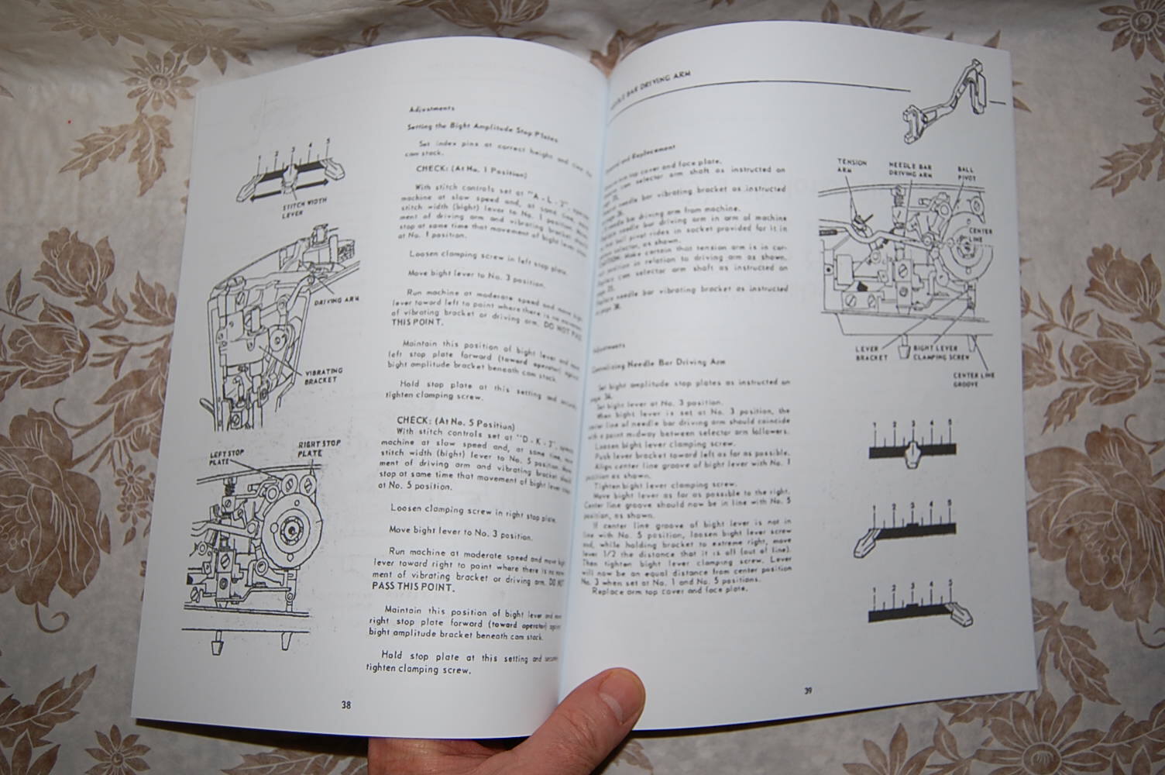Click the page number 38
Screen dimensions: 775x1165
tap(345, 704)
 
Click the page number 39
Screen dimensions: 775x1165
tap(807, 691)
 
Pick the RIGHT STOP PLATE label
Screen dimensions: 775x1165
tap(320, 449)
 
